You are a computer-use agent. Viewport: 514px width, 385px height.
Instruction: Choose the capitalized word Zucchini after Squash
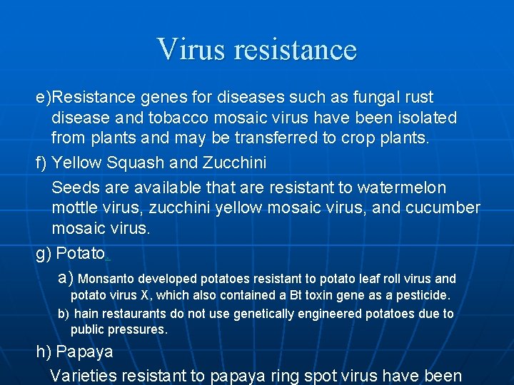tap(234, 163)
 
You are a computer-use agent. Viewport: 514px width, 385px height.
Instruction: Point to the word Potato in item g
tap(81, 253)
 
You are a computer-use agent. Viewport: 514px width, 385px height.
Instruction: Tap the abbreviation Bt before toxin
tap(296, 294)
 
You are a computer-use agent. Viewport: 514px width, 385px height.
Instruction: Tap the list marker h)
tap(44, 351)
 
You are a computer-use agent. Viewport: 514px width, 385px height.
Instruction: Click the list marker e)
tap(44, 97)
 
